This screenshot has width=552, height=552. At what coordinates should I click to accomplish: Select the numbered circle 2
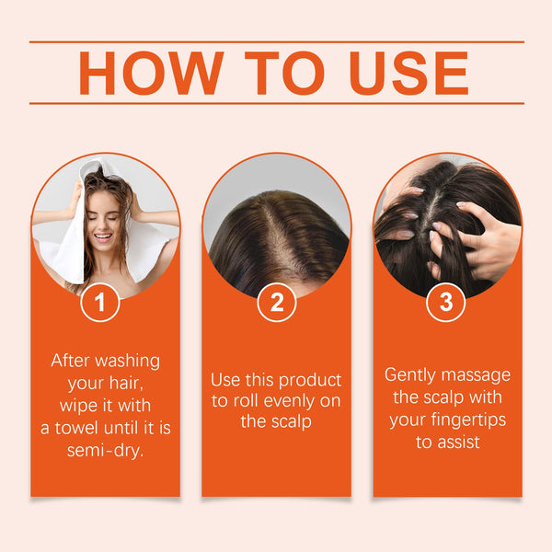tap(276, 303)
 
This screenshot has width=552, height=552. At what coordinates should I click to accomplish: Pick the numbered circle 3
tap(446, 303)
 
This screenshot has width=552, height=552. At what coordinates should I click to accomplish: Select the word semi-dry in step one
tap(106, 450)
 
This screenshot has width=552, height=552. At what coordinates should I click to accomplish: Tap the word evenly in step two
tap(286, 400)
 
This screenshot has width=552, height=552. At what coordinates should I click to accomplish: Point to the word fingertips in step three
tap(470, 420)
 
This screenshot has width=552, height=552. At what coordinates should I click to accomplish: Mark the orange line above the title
tap(276, 41)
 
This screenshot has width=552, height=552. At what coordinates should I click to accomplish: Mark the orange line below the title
tap(276, 103)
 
